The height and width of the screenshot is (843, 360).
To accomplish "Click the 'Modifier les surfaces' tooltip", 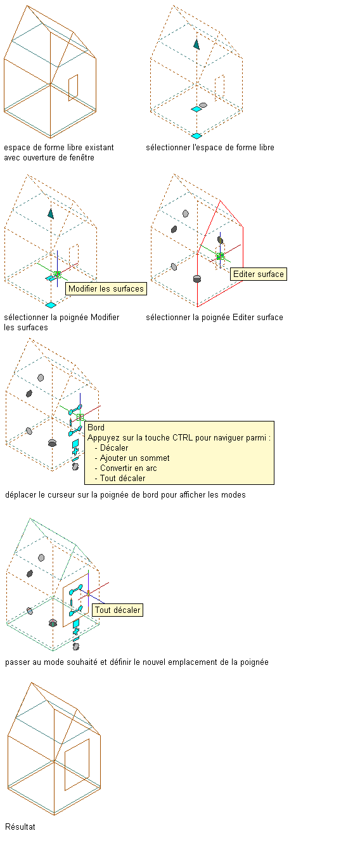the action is click(x=106, y=288).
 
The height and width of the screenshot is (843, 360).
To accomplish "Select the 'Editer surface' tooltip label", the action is click(x=259, y=274).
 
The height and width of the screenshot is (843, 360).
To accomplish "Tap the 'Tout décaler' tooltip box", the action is click(x=117, y=610).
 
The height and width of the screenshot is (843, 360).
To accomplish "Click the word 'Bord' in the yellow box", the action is click(x=96, y=427).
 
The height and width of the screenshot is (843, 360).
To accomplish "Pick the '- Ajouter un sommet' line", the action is click(x=132, y=458).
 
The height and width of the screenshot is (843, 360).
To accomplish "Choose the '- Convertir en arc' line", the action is click(x=125, y=468).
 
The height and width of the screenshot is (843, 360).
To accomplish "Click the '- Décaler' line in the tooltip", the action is click(x=112, y=448).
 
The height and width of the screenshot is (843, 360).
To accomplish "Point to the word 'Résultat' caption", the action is click(x=20, y=827).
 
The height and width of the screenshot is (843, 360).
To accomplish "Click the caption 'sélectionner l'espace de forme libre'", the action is click(x=210, y=148).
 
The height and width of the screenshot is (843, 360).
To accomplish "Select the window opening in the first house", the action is click(x=73, y=87).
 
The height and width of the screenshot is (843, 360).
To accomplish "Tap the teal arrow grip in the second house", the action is click(x=196, y=44).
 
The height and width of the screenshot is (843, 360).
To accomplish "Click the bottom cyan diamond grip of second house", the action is click(x=196, y=136).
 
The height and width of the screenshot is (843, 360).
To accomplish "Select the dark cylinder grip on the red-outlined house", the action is click(x=197, y=279).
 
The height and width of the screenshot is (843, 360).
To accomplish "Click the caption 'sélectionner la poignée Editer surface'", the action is click(x=214, y=318).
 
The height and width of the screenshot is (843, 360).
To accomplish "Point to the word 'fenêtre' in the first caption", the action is click(x=81, y=158).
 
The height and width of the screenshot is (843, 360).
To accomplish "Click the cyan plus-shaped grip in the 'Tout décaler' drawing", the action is click(x=76, y=631).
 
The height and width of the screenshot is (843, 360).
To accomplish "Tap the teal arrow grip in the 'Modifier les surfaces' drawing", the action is click(x=51, y=214).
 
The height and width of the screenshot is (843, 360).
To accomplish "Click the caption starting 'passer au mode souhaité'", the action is click(x=137, y=662).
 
